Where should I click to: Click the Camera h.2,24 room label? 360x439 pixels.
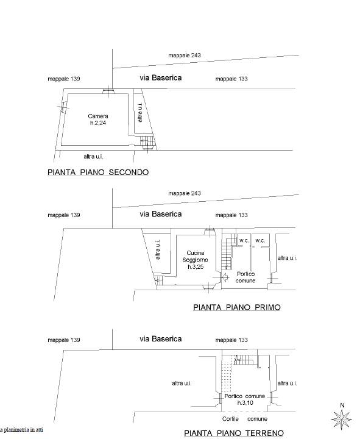[98, 120]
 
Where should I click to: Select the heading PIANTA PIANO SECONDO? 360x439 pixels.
[98, 172]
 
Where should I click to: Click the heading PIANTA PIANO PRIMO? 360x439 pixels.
[237, 307]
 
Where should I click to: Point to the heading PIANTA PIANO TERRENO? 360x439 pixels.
[234, 433]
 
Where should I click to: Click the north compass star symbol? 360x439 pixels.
[342, 419]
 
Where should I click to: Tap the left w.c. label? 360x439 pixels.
[244, 240]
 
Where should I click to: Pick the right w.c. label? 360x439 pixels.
[260, 240]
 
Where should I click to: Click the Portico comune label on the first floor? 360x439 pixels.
[245, 277]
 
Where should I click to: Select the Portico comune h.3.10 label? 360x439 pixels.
[245, 399]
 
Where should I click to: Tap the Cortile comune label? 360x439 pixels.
[245, 419]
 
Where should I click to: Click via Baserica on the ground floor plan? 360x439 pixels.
[161, 339]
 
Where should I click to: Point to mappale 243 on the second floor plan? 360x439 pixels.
[185, 55]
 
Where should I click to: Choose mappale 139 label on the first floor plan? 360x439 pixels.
[64, 215]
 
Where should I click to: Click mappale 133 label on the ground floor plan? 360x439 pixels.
[231, 340]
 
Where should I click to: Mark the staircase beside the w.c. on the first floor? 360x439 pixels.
[227, 252]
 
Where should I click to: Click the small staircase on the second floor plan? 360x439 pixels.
[147, 141]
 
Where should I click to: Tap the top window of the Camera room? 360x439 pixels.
[108, 91]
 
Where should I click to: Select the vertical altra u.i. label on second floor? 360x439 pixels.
[140, 113]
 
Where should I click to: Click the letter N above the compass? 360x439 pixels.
[342, 405]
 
